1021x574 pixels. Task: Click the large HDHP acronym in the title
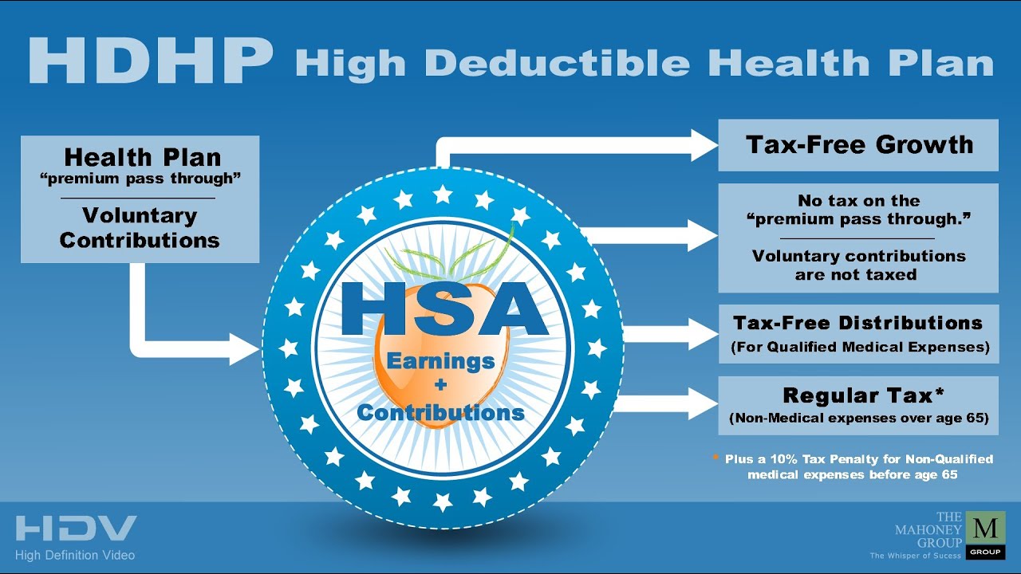click(151, 61)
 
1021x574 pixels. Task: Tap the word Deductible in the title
click(557, 62)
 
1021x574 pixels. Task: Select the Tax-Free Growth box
click(858, 145)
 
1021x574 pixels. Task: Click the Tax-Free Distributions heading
click(857, 323)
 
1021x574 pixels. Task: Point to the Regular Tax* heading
click(863, 395)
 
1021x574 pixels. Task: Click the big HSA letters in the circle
click(444, 309)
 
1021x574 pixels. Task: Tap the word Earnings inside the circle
click(441, 362)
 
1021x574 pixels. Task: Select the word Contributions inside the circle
click(441, 413)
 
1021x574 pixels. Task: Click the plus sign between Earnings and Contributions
click(440, 385)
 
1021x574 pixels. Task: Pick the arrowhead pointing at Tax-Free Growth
click(704, 145)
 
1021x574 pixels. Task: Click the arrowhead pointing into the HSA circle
click(245, 349)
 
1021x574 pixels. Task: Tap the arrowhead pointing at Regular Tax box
click(704, 403)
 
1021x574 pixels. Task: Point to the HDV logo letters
click(76, 529)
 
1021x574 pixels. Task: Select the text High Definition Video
click(75, 556)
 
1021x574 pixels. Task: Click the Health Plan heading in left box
click(143, 157)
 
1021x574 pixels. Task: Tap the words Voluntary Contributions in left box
click(140, 228)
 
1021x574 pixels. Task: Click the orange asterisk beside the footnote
click(715, 457)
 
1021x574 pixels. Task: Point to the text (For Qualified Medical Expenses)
click(860, 347)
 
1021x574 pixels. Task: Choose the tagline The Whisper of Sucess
click(915, 556)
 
